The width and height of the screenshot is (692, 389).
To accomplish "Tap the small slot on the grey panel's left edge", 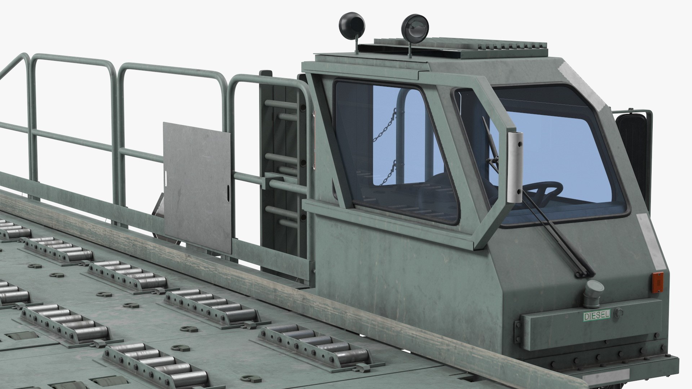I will pos(166,175).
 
